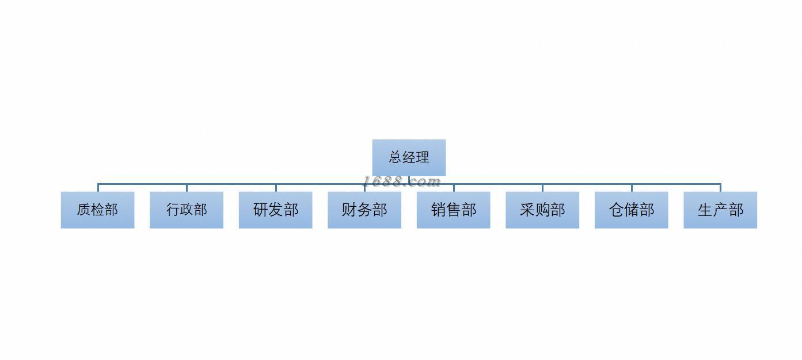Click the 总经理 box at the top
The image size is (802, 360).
click(409, 157)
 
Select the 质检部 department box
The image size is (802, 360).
click(97, 210)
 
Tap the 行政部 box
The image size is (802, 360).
click(187, 210)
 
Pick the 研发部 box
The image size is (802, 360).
click(275, 210)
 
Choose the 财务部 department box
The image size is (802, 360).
click(364, 210)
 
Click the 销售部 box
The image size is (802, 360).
click(453, 210)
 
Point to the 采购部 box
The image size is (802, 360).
click(542, 210)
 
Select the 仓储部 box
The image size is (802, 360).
click(631, 210)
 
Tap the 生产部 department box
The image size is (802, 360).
click(720, 210)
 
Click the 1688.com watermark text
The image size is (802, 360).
click(401, 182)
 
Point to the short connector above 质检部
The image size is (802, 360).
click(98, 188)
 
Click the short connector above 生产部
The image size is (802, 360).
click(720, 188)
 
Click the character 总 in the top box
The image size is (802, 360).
click(396, 157)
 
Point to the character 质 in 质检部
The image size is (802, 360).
click(84, 210)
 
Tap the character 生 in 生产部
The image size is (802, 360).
click(705, 210)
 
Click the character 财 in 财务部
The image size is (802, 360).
click(349, 210)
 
